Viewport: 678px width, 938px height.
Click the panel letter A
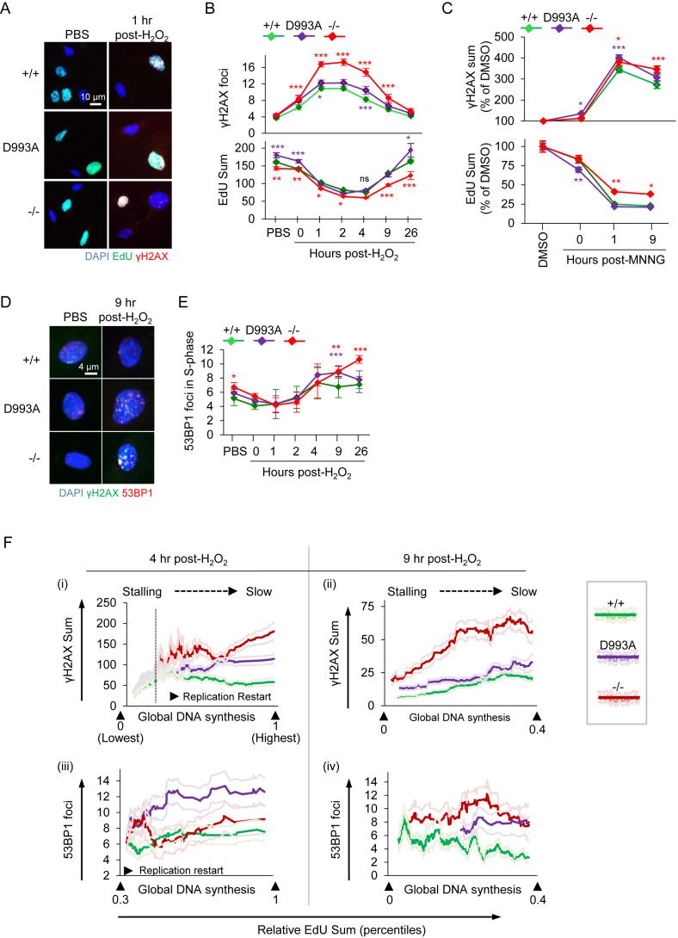point(8,9)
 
